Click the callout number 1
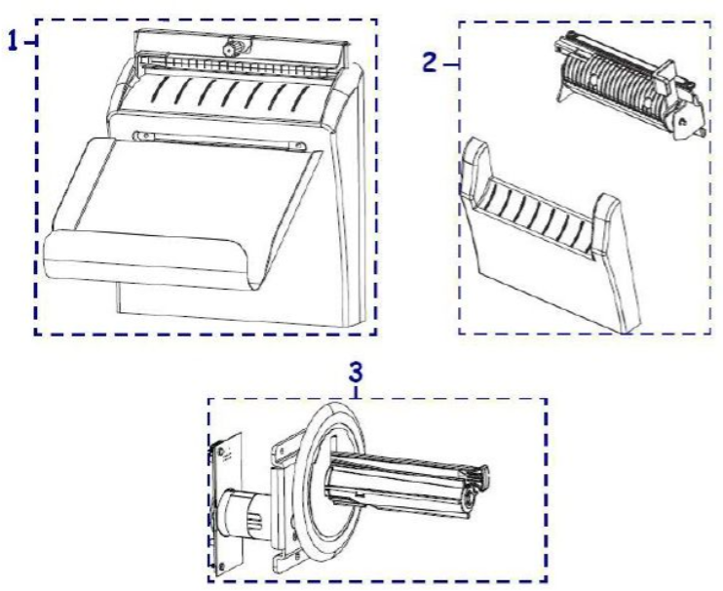point(14,42)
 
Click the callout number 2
point(429,62)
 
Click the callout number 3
point(356,372)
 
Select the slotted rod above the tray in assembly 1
point(219,140)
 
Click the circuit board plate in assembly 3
point(226,503)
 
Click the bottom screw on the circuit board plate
point(222,566)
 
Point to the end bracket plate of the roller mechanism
point(688,115)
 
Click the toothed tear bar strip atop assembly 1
point(240,63)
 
